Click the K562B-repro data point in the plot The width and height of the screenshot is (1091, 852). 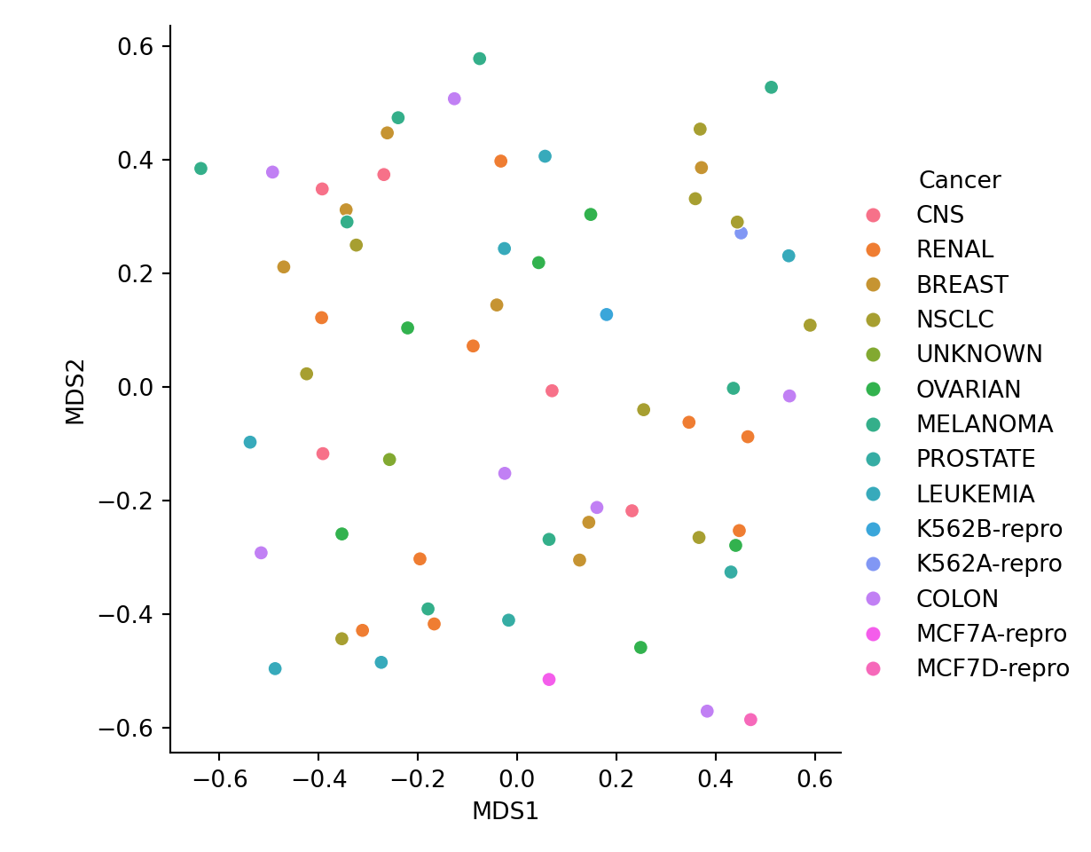pos(607,314)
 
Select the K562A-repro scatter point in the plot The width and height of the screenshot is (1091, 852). pos(741,233)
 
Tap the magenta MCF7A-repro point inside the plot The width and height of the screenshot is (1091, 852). pos(549,679)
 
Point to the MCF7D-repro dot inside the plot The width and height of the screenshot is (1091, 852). pos(750,720)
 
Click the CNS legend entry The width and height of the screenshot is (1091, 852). pos(939,215)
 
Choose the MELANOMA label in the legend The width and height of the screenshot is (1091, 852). pos(984,424)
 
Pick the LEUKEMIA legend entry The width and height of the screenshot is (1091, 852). pos(975,494)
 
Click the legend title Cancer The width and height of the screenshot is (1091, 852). pos(959,180)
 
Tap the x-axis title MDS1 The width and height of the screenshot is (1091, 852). pos(505,811)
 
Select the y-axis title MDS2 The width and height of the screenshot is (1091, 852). pos(76,391)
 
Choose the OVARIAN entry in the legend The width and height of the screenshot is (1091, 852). pos(969,390)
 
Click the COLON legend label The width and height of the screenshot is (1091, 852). pos(957,599)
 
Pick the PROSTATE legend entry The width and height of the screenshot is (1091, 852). pos(976,459)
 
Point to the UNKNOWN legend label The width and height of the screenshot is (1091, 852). pos(979,354)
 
